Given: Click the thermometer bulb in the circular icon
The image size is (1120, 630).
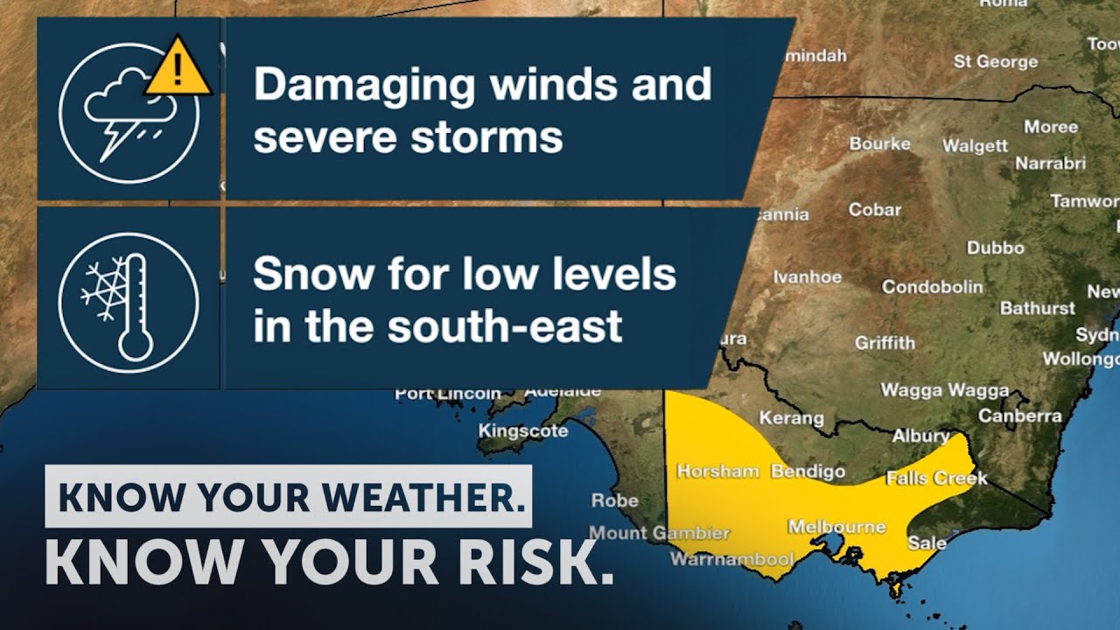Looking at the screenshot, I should [135, 343].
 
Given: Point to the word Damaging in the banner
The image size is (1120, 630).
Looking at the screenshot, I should [364, 86].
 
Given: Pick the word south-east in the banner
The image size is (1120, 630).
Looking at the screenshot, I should [505, 325].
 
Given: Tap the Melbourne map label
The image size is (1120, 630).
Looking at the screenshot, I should [836, 527].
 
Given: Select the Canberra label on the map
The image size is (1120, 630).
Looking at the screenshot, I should [1019, 416].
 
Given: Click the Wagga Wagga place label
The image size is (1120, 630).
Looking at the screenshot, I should [944, 390].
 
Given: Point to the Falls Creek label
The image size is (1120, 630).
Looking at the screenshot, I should [936, 478].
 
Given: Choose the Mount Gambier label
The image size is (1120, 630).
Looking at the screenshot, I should [659, 532].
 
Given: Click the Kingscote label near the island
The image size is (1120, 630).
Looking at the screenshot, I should [522, 430].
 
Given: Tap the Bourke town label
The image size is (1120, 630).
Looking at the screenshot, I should [879, 143].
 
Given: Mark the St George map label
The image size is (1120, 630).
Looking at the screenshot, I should [995, 61].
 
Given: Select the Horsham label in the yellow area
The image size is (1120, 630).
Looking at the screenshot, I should [717, 471].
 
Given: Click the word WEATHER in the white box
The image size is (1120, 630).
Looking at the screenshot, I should [429, 497].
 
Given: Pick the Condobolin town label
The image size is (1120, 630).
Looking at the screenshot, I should [932, 286].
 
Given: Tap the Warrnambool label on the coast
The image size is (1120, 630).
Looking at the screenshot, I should [731, 558].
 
